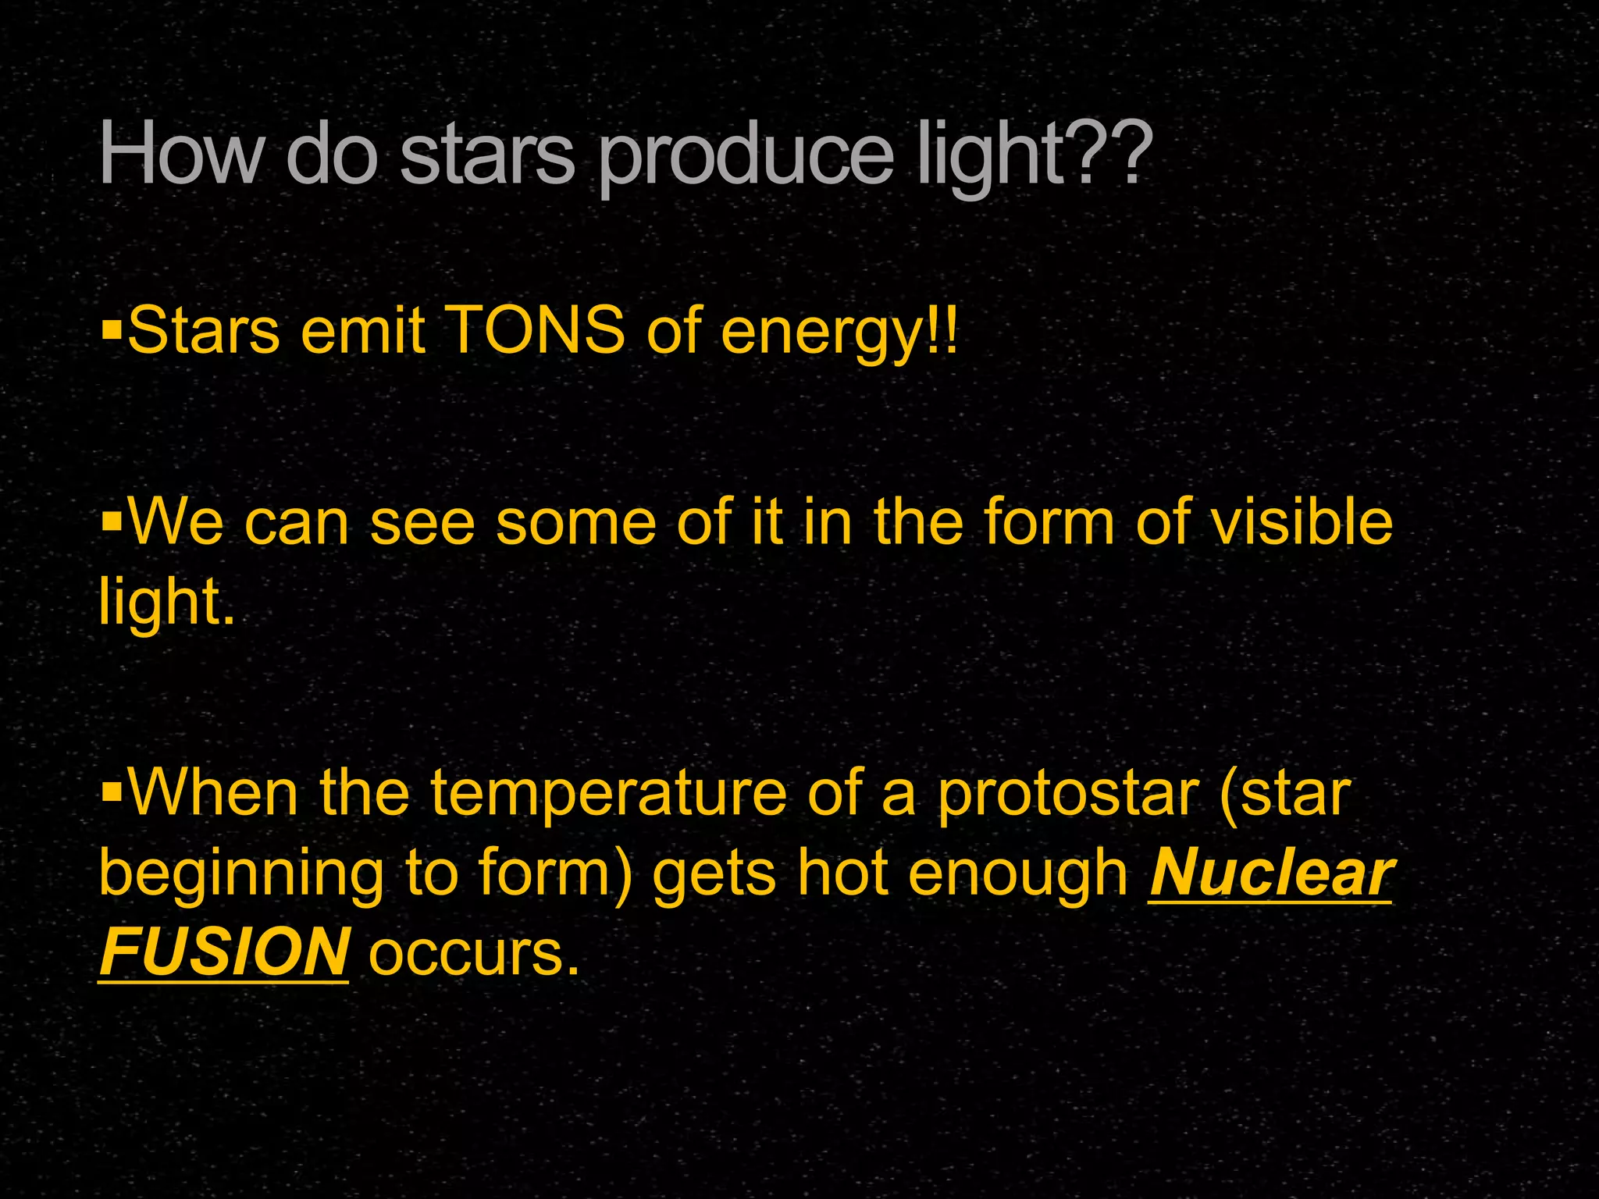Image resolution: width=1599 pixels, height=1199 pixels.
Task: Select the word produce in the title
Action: [x=746, y=156]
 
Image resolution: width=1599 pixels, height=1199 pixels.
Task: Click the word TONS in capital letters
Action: [x=538, y=330]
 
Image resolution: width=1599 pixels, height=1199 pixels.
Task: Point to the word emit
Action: [x=363, y=330]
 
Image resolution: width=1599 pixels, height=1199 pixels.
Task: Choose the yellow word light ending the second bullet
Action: [x=166, y=602]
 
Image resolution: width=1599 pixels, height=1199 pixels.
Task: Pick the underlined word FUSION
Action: [x=224, y=952]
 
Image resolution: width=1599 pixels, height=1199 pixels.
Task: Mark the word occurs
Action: [x=474, y=954]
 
